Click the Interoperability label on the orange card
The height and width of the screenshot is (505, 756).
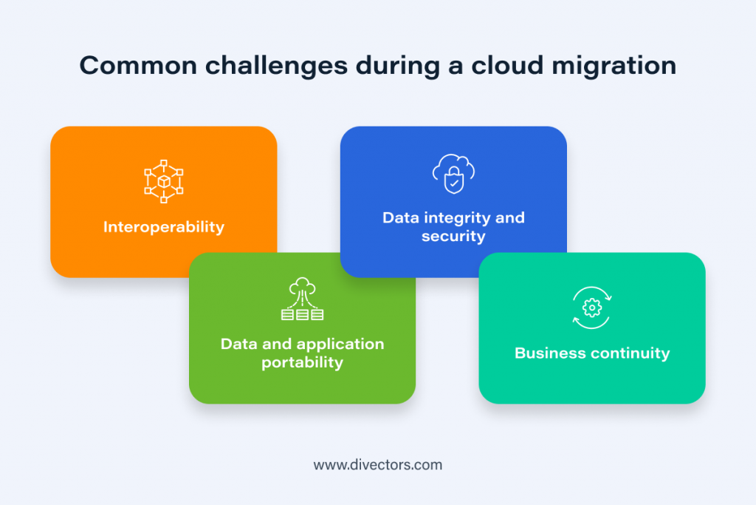click(163, 227)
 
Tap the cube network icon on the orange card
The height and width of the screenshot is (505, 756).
click(163, 182)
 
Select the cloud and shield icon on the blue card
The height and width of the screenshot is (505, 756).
click(453, 174)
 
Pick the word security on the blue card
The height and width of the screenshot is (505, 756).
click(453, 237)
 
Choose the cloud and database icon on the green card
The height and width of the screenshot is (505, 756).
click(302, 300)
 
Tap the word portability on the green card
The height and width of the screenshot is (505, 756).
click(302, 363)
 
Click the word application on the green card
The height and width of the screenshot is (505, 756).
click(340, 345)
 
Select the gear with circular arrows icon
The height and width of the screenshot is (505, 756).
click(591, 308)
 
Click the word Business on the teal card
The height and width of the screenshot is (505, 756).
click(549, 353)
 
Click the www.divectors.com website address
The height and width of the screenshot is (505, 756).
click(378, 465)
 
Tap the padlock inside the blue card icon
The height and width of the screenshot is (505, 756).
click(453, 180)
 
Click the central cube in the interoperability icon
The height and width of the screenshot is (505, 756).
click(163, 182)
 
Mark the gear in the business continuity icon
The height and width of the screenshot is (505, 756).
click(591, 308)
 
